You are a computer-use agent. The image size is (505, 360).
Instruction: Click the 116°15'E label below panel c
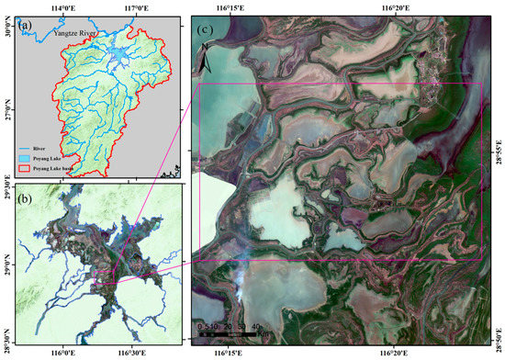tap(229, 352)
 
